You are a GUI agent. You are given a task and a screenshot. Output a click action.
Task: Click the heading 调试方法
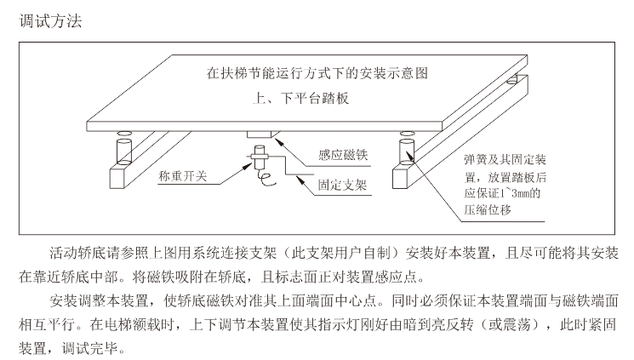(50, 21)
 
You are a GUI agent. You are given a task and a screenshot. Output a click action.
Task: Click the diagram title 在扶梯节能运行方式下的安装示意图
(317, 73)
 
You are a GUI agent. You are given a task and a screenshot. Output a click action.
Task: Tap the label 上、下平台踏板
(300, 98)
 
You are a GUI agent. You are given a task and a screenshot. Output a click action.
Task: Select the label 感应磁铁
(343, 155)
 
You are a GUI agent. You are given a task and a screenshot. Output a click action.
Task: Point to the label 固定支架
(342, 185)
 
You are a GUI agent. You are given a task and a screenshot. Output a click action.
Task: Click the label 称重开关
(183, 176)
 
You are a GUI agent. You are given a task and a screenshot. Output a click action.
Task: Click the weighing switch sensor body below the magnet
(260, 157)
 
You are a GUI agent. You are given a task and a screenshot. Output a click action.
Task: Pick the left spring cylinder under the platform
(123, 151)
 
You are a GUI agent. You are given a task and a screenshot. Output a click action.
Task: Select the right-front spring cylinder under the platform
(407, 151)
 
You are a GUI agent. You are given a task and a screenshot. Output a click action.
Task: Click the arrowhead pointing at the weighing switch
(248, 165)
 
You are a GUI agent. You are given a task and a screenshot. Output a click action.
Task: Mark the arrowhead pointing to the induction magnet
(278, 141)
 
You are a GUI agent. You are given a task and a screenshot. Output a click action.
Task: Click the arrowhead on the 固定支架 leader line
(300, 180)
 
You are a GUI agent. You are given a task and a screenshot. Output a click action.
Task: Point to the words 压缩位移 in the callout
(488, 209)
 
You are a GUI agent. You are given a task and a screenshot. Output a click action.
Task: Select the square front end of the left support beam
(118, 179)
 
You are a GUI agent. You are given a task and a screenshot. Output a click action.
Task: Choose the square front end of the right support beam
(401, 179)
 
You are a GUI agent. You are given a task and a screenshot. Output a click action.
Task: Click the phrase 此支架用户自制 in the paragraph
(342, 254)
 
